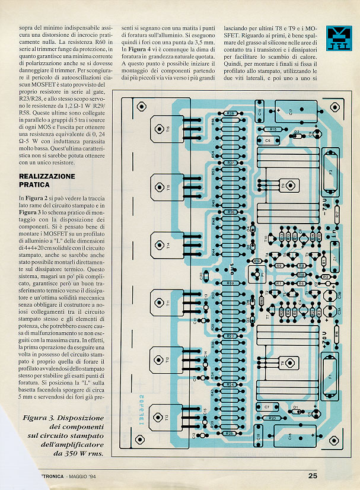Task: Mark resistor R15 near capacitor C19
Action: pos(273,129)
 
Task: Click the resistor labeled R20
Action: pos(272,418)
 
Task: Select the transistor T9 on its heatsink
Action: pos(283,186)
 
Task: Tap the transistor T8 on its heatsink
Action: pos(283,362)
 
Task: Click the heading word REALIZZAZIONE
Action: pos(47,176)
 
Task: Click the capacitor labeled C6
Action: pos(268,141)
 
